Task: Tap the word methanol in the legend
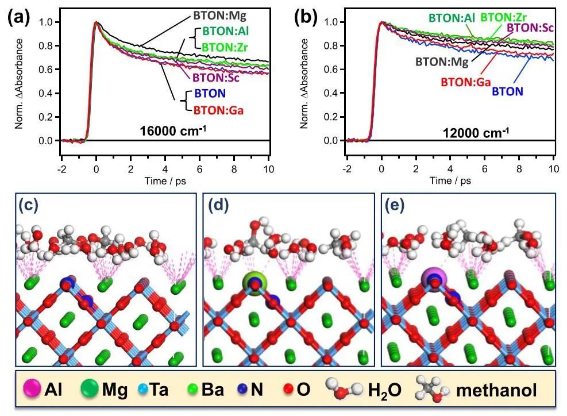496,391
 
